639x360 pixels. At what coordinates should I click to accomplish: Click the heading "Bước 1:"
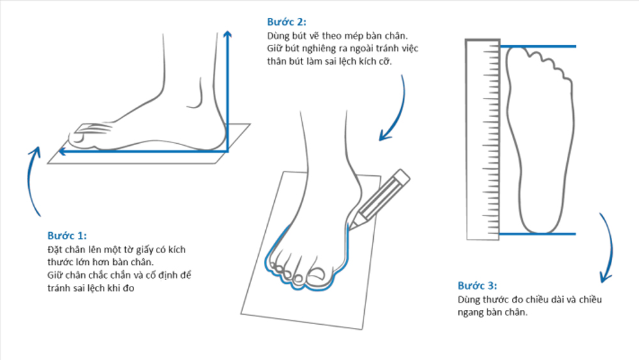[x=67, y=235]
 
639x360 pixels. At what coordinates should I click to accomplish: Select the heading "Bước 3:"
[x=477, y=286]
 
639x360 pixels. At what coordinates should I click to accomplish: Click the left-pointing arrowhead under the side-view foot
[x=62, y=152]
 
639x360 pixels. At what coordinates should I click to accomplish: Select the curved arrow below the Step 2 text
[x=396, y=109]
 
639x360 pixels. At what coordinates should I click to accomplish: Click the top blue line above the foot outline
[x=537, y=47]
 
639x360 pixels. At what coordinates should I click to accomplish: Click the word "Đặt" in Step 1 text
[x=56, y=249]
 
